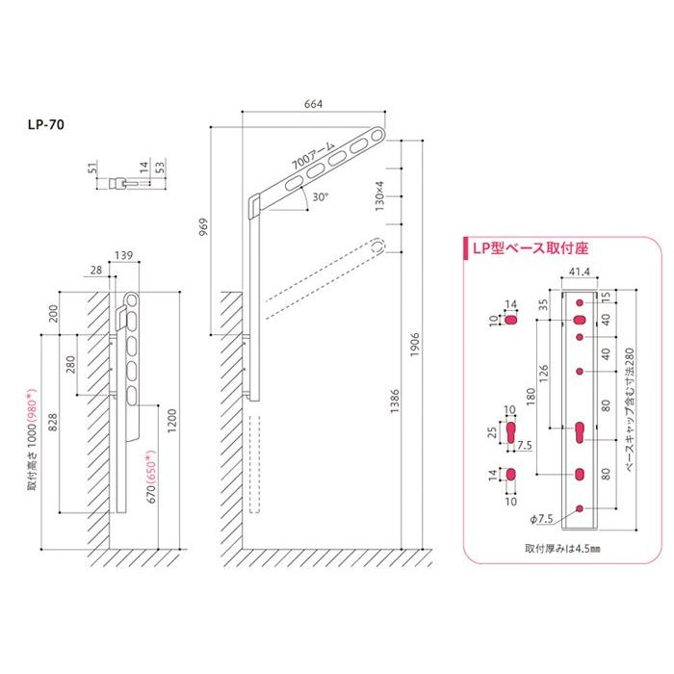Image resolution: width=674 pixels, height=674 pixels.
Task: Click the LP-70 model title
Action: tap(46, 124)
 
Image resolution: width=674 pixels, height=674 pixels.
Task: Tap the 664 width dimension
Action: tap(313, 104)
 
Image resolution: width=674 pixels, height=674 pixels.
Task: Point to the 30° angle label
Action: tap(321, 197)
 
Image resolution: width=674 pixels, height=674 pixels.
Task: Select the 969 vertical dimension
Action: tap(204, 226)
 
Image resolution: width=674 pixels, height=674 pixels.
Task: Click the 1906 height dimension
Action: tap(415, 345)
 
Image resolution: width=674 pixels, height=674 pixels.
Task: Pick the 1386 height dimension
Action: tap(395, 402)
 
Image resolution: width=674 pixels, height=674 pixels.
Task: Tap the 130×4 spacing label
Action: tap(379, 196)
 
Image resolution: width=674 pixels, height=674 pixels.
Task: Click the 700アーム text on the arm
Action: tap(313, 155)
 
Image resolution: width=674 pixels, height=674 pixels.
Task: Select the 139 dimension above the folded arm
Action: tap(124, 256)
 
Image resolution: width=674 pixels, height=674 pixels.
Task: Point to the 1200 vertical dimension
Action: tap(172, 421)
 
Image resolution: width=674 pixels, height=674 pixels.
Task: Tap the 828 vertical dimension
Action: tap(52, 423)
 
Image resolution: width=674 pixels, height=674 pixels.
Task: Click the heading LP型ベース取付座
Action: tap(531, 248)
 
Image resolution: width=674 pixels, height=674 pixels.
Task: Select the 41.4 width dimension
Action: tap(580, 272)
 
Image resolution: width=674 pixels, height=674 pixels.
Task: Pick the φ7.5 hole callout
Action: tap(541, 519)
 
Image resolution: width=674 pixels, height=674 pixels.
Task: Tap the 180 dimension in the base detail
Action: tap(531, 397)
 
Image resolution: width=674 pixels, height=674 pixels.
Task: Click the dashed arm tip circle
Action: tap(377, 246)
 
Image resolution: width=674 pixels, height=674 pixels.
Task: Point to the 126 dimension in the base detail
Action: tap(544, 374)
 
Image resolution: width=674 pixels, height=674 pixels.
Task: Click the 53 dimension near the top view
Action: tap(160, 167)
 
